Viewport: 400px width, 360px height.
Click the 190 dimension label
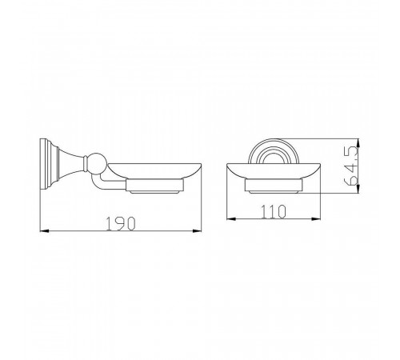(121, 223)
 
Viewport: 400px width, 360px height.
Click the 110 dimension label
(274, 212)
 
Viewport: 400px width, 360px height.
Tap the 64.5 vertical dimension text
(350, 166)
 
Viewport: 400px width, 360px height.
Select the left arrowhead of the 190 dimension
(45, 230)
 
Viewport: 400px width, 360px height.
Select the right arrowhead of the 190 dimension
(197, 230)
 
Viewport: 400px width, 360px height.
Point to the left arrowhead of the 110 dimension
(231, 219)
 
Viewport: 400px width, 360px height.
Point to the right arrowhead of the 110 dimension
(316, 219)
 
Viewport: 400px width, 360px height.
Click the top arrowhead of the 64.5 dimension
(358, 143)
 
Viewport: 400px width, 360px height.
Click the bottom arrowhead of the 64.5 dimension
(358, 188)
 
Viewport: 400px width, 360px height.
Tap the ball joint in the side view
(98, 162)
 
